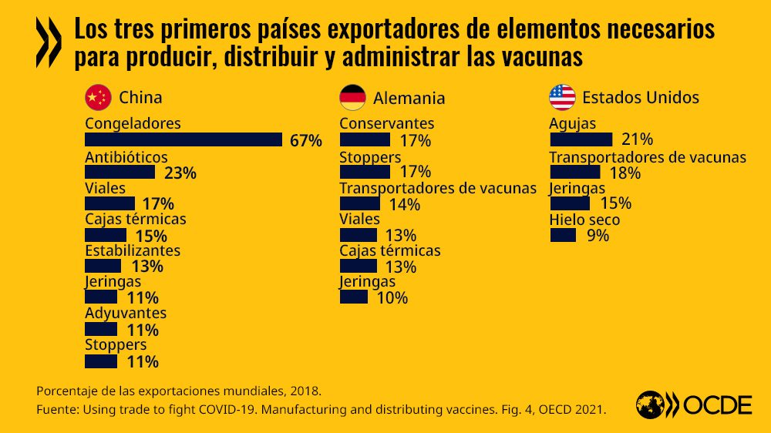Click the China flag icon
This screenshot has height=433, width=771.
coord(97,97)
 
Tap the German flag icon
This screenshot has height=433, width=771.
coord(352,98)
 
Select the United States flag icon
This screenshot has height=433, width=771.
coord(562,97)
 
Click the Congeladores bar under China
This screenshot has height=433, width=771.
coord(183,139)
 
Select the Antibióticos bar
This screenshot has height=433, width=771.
coord(120,172)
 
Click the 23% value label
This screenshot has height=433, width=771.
coord(180,173)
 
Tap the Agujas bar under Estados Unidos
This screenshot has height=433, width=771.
coord(581,139)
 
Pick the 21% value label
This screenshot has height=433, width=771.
coord(638,139)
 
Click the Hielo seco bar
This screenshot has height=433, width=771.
coord(563,235)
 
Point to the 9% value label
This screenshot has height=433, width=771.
coord(598,236)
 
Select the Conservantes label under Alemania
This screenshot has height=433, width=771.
coord(386,123)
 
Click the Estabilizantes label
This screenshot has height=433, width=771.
coord(133,250)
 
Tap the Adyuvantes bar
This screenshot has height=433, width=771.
coord(101,330)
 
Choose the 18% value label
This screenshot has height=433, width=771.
coord(625,173)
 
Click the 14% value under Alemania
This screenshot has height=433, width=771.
coord(405,204)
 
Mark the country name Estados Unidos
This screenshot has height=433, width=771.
coord(641,97)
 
